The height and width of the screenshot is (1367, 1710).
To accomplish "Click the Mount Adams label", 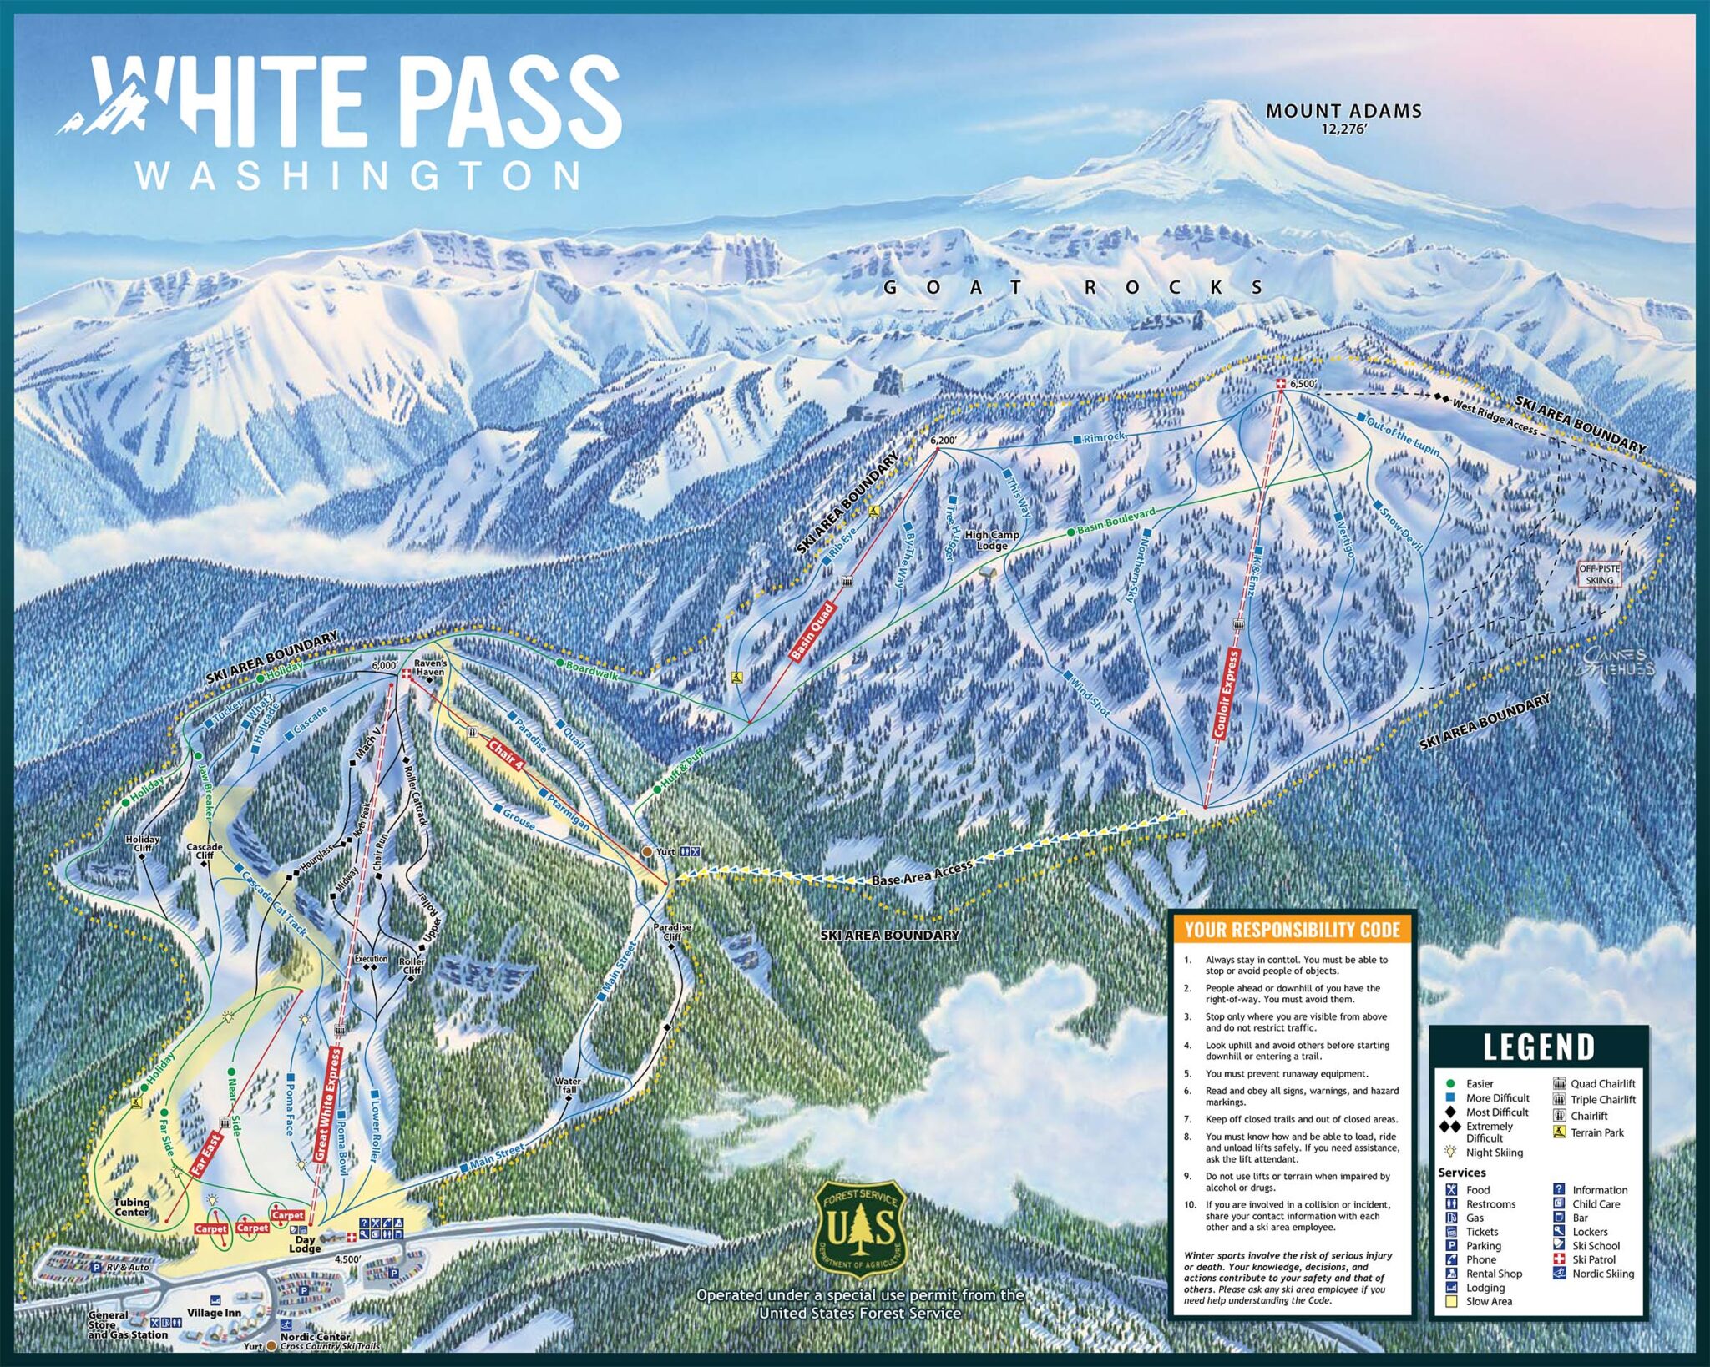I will (1343, 111).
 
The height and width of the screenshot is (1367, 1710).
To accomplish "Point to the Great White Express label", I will (327, 1103).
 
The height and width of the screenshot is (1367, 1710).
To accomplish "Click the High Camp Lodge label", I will (992, 540).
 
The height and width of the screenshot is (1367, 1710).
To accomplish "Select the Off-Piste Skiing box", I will (1599, 574).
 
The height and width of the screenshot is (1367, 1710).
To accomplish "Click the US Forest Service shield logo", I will (859, 1229).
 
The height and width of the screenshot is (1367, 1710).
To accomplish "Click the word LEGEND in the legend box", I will (1538, 1047).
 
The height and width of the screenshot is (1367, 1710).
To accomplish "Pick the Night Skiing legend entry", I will (1494, 1153).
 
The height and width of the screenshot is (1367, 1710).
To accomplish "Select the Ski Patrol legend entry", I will (1593, 1259).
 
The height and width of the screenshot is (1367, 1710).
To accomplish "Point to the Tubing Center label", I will (132, 1207).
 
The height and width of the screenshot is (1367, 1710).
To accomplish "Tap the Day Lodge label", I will (305, 1244).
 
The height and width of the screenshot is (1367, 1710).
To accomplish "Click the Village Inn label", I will (214, 1313).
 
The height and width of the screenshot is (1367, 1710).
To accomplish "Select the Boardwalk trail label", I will (592, 669).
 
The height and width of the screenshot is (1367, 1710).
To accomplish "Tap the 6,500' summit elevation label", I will (1303, 384).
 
